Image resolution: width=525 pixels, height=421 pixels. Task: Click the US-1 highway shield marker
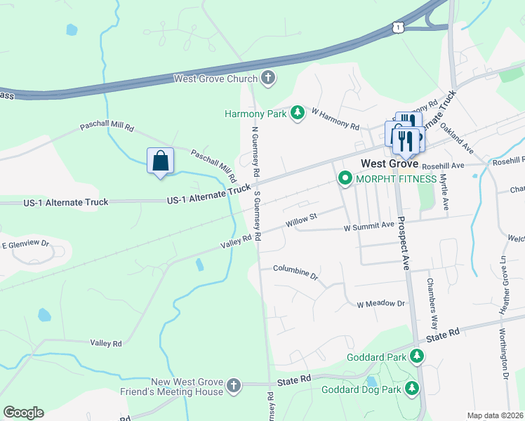coord(398,27)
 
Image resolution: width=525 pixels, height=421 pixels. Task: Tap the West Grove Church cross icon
coord(267,79)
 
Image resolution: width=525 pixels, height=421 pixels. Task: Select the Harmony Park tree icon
coord(298,113)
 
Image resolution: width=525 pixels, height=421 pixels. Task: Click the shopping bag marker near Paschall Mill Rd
coord(160,161)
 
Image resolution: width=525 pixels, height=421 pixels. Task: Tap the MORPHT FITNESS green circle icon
coord(345,179)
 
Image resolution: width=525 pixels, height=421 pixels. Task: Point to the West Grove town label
coord(389,163)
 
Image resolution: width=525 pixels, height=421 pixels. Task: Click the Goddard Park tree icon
coord(417,356)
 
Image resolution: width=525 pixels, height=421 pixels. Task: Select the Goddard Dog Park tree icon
coord(412,388)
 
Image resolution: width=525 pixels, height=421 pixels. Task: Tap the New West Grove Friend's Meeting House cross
coord(234,385)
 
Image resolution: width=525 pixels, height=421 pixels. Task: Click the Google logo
coord(23,412)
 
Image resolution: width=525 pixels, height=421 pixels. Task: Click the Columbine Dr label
coord(295,271)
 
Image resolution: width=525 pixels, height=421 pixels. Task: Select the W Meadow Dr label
coord(381,304)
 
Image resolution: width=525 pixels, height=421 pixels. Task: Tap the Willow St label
coord(302,221)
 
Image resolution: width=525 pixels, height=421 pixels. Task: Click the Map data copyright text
coord(494,415)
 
